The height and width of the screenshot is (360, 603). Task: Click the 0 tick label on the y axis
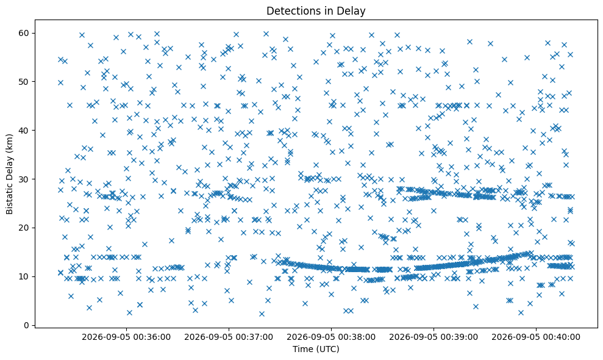[27, 325]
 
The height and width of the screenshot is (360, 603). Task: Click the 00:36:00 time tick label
[126, 337]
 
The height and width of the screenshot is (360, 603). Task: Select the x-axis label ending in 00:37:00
[229, 337]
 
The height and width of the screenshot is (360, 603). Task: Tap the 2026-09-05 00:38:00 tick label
[331, 337]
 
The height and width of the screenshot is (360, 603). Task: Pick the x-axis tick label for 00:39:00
[434, 337]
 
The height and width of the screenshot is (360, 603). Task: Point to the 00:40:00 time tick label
[536, 337]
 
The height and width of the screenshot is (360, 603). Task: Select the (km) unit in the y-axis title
[9, 142]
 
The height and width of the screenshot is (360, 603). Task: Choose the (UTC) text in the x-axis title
[327, 349]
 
